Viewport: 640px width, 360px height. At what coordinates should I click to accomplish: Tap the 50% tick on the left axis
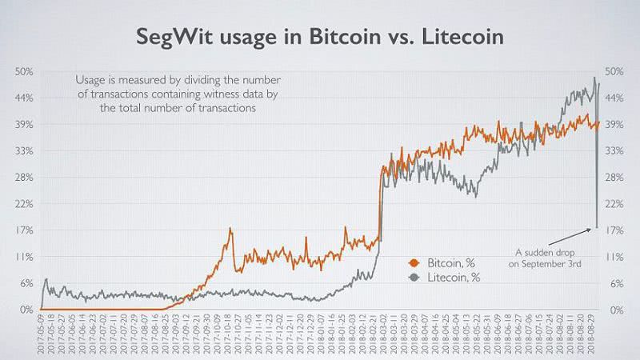click(24, 72)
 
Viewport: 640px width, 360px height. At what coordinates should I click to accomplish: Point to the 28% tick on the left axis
click(24, 177)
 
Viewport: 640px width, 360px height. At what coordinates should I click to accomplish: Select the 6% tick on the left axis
click(26, 283)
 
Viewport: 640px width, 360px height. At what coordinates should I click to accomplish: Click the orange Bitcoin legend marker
click(414, 262)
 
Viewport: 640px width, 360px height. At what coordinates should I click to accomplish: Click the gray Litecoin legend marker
click(414, 278)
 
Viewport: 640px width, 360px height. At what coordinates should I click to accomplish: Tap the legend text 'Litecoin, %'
click(453, 278)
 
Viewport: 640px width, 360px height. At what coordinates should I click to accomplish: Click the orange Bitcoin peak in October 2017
click(230, 229)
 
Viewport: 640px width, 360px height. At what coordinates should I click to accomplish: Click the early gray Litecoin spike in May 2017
click(46, 279)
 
